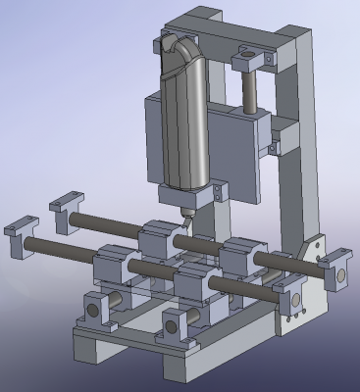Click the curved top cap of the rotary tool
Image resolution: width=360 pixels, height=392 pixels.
[x=181, y=47]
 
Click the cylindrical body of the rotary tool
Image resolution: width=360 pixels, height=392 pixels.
[x=186, y=118]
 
